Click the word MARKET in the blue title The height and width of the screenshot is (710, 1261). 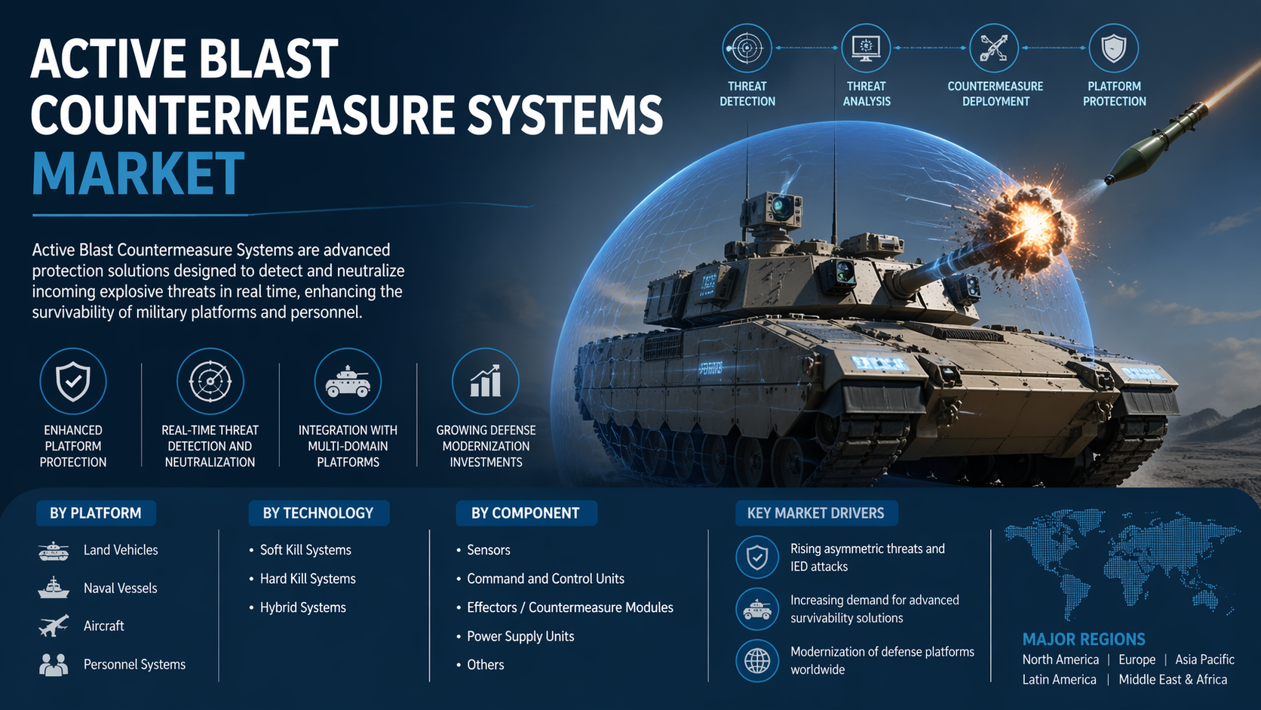[x=138, y=174]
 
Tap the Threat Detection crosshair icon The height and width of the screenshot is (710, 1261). [x=747, y=48]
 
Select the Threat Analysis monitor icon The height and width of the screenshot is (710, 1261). [x=866, y=48]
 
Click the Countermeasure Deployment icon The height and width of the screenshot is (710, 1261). [x=994, y=48]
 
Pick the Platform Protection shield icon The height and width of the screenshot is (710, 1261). [x=1114, y=48]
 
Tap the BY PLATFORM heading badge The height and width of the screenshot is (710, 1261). [x=96, y=513]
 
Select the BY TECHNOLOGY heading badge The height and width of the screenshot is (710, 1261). [x=318, y=513]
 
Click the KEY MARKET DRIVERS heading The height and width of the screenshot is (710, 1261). [x=815, y=513]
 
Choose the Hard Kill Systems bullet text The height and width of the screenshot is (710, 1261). [x=308, y=579]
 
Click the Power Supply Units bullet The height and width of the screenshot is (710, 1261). [x=520, y=636]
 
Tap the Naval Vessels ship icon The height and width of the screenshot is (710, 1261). [x=54, y=588]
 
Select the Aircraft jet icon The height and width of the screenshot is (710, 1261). [x=54, y=625]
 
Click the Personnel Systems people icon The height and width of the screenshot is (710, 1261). [x=54, y=665]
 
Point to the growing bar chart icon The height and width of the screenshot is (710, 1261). [x=486, y=381]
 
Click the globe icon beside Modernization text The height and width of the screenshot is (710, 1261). [x=757, y=661]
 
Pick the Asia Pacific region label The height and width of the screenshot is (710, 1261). [x=1204, y=659]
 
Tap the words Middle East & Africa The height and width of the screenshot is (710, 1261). [x=1173, y=680]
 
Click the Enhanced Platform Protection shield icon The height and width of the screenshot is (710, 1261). [x=73, y=381]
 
